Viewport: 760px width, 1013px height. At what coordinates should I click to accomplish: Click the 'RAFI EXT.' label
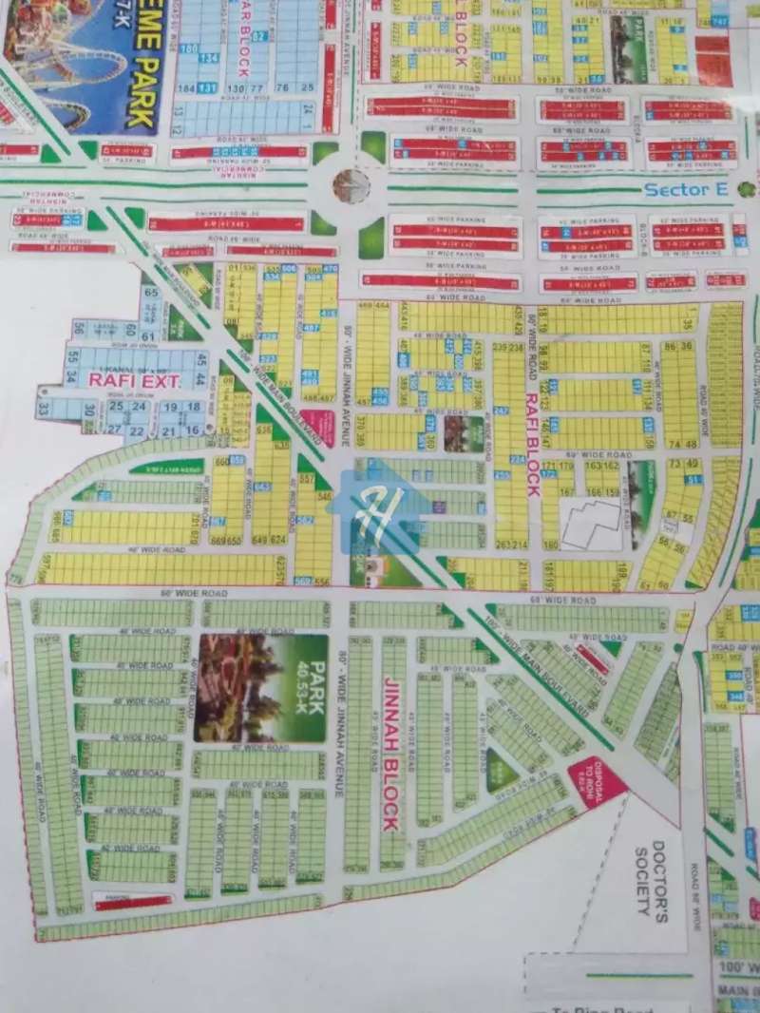[x=121, y=379]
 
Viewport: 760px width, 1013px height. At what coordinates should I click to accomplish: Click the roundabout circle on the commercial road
[x=351, y=186]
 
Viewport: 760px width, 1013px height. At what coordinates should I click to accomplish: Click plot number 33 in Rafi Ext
[x=43, y=410]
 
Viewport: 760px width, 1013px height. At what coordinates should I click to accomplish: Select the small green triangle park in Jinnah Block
[x=501, y=768]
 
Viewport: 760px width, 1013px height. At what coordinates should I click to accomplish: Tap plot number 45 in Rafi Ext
[x=200, y=360]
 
